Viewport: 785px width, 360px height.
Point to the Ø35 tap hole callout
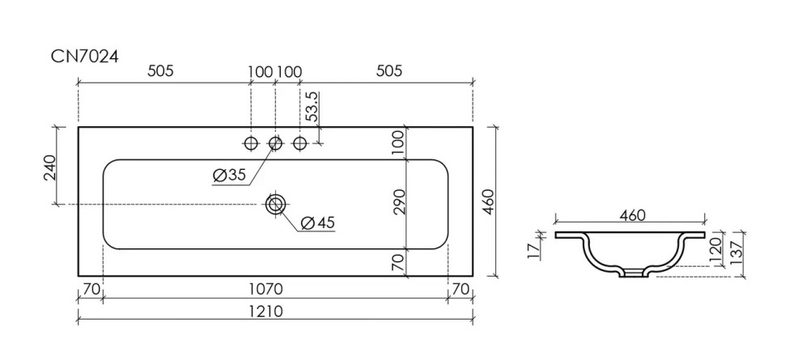pyautogui.click(x=229, y=175)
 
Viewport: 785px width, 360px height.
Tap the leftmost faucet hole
pyautogui.click(x=251, y=143)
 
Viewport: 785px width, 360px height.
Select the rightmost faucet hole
pyautogui.click(x=300, y=143)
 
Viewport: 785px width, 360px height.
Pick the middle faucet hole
pyautogui.click(x=275, y=143)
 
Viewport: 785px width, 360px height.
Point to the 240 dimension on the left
pyautogui.click(x=51, y=167)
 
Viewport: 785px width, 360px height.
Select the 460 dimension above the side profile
pyautogui.click(x=631, y=216)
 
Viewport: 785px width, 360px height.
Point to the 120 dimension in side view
pyautogui.click(x=715, y=248)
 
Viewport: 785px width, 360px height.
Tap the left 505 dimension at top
pyautogui.click(x=160, y=71)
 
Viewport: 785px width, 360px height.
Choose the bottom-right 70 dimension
pyautogui.click(x=460, y=289)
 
